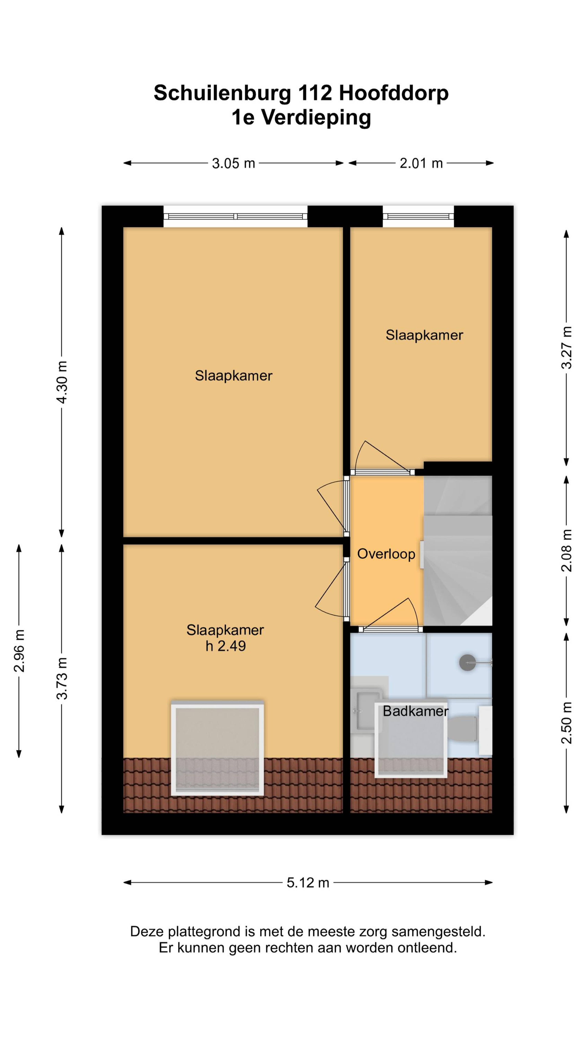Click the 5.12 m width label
tap(308, 883)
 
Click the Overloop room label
tap(386, 554)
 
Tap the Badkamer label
tap(416, 711)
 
